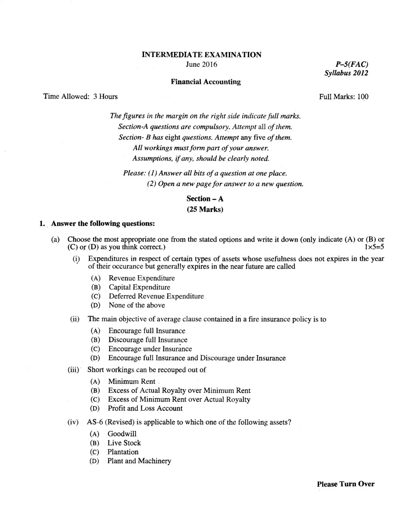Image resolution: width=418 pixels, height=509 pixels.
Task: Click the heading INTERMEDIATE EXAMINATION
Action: coord(202,55)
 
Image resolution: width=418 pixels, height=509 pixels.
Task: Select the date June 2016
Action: coord(202,64)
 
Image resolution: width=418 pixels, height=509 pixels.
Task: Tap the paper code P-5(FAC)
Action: coord(352,64)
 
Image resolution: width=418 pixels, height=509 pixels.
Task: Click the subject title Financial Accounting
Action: coord(205,82)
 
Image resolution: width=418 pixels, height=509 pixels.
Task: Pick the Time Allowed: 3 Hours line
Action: coord(81,97)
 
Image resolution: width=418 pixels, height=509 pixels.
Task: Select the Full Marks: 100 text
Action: coord(344,97)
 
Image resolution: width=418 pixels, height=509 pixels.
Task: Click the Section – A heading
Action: coord(205,199)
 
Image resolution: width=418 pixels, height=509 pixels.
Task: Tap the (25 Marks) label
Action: coord(205,209)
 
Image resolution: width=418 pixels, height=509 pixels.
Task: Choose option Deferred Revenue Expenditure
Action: coord(156,296)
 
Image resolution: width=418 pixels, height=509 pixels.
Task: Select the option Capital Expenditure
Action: coord(139,287)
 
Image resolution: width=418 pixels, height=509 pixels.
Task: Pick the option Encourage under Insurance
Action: coord(150,349)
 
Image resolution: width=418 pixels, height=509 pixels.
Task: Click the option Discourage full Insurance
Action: coord(148,340)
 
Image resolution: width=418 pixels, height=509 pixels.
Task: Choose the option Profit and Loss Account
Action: coord(145,409)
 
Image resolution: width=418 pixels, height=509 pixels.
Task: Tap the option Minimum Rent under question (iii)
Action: coord(132,382)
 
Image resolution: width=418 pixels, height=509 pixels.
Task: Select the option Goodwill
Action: coord(122,434)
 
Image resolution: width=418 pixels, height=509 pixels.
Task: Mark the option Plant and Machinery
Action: coord(139,461)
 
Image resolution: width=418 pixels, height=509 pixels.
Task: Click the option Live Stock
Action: coord(124,443)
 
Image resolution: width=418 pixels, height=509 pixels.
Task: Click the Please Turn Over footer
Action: coord(346,484)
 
